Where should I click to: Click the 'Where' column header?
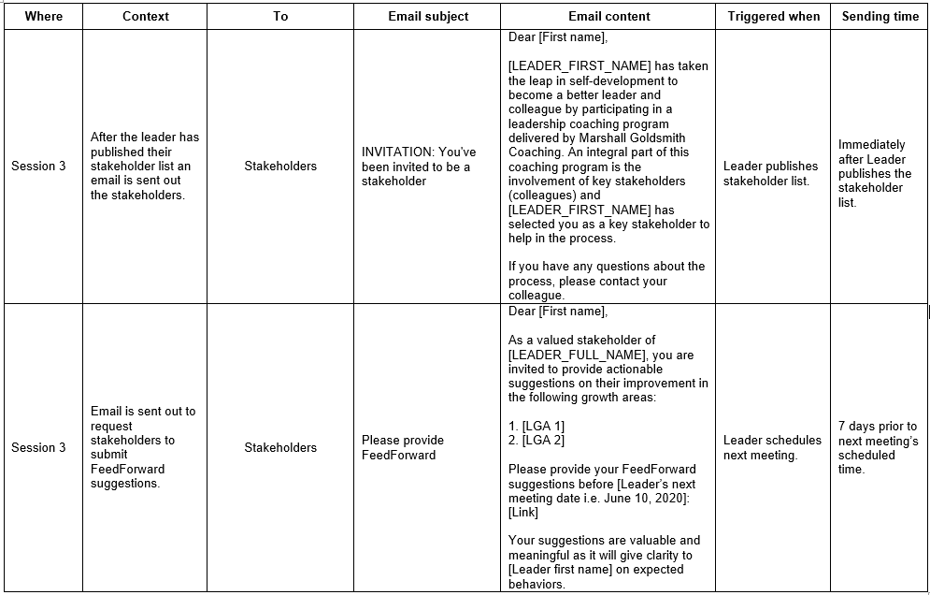(x=43, y=16)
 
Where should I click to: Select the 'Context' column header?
(x=146, y=16)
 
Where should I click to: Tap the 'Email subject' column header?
(x=428, y=16)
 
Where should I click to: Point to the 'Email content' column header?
(x=609, y=16)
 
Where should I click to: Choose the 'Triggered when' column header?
(x=774, y=16)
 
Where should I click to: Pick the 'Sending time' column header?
(x=880, y=16)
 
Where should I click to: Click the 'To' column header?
(x=280, y=16)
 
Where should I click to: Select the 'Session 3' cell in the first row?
(x=38, y=167)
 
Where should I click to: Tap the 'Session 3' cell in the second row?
(x=38, y=448)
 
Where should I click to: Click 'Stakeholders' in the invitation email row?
(x=280, y=167)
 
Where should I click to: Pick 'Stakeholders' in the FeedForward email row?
(x=280, y=448)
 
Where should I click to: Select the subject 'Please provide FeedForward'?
(x=403, y=448)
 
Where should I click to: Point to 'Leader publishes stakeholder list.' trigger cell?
(x=770, y=173)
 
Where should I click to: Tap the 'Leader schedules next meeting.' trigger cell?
(x=772, y=448)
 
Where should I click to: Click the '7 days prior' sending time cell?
(x=878, y=448)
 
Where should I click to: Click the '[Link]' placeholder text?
(x=523, y=513)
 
